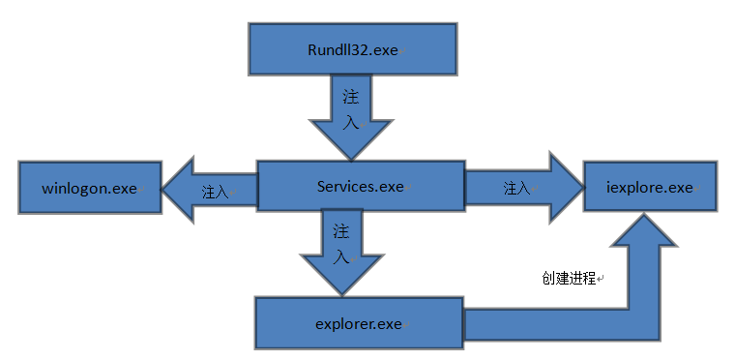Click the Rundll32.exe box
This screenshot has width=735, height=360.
point(352,48)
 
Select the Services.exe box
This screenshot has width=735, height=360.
point(361,186)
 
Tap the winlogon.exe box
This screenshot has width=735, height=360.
point(90,188)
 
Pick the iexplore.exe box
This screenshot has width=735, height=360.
point(650,187)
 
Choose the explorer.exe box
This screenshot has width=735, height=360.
point(359,323)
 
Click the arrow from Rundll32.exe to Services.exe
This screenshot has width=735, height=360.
point(351,117)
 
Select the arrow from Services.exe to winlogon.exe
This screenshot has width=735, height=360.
point(210,190)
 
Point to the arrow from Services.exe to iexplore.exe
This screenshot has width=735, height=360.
point(524,188)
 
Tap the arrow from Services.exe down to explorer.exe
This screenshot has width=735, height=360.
point(342,253)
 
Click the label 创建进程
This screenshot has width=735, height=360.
point(569,278)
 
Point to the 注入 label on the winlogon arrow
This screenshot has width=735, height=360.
point(215,192)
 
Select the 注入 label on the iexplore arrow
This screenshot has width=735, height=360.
point(516,188)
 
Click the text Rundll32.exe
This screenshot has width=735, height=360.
point(352,49)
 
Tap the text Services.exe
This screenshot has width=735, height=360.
point(360,187)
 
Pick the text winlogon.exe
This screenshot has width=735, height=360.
point(90,188)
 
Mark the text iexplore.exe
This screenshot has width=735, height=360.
point(649,188)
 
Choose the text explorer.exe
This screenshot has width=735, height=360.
point(359,324)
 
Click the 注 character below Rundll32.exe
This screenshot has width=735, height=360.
point(351,97)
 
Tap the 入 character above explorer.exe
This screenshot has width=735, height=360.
point(340,256)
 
